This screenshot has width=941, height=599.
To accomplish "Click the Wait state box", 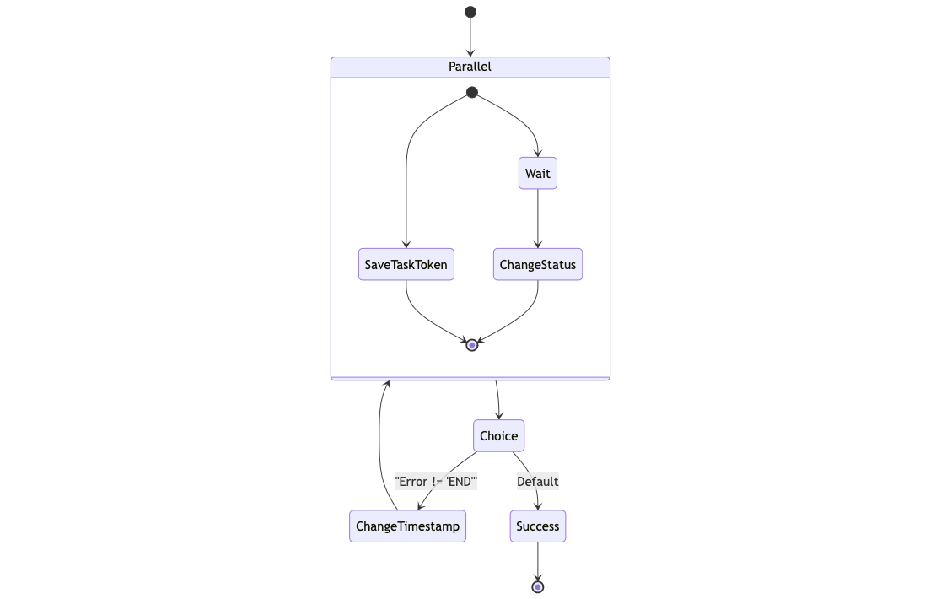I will tap(537, 174).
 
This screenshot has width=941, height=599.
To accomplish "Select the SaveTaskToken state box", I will tap(406, 264).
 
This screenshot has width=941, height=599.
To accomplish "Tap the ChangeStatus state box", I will tap(537, 264).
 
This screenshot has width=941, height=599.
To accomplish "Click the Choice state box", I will tap(498, 435).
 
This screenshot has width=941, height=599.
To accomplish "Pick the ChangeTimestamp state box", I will tap(407, 526).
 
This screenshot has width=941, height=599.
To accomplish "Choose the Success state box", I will tap(537, 526).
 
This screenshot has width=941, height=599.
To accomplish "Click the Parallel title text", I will tap(470, 67).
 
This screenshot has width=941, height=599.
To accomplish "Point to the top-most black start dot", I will tap(470, 12).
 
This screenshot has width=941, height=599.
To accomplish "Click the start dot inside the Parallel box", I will tap(472, 92).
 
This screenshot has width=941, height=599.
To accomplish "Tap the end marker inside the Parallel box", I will tap(472, 345).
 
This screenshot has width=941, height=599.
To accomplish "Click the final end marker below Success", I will tap(538, 586).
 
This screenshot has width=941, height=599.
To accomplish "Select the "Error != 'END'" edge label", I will tap(436, 482).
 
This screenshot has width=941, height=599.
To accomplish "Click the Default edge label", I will tap(537, 482).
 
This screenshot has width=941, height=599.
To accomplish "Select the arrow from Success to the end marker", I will tap(538, 560).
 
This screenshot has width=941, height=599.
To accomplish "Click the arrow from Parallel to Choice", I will tap(498, 400).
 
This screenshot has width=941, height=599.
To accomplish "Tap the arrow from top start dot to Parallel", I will tap(470, 37).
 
